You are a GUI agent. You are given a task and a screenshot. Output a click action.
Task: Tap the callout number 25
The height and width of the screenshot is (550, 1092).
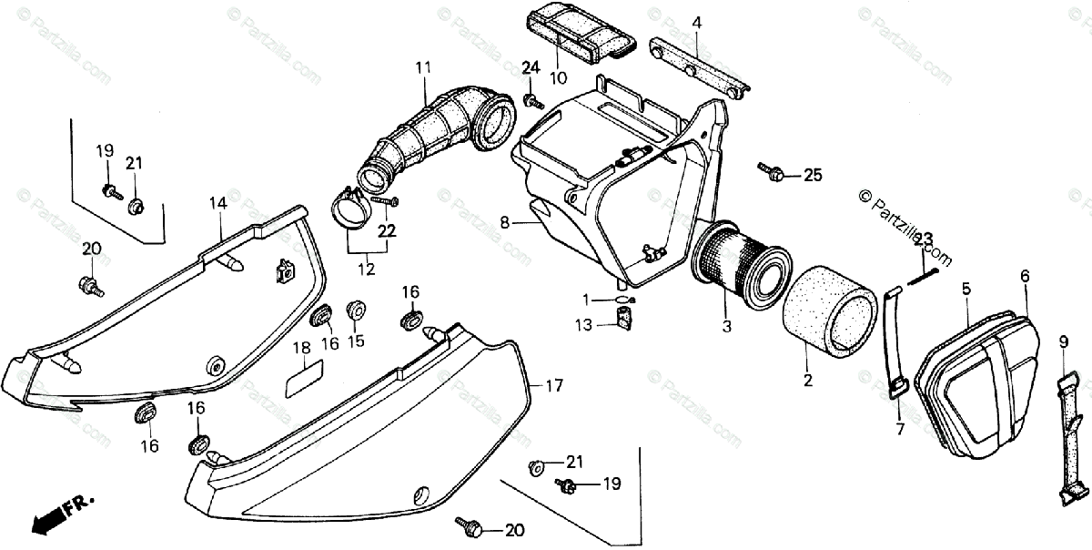(812, 175)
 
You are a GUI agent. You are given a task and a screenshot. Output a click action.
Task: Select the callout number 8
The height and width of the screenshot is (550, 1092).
(504, 221)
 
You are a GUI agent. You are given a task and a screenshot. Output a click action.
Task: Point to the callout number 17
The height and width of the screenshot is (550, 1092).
(554, 385)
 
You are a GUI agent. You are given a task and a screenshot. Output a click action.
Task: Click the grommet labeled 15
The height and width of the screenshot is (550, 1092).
(356, 311)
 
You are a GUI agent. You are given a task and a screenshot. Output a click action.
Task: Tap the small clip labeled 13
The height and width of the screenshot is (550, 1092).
(623, 319)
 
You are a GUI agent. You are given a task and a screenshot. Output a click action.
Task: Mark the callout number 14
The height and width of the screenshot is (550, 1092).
(217, 204)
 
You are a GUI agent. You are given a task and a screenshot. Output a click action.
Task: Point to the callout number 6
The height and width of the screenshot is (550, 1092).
(1025, 275)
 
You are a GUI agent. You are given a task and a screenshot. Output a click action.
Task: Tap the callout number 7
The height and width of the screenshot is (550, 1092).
(898, 428)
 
